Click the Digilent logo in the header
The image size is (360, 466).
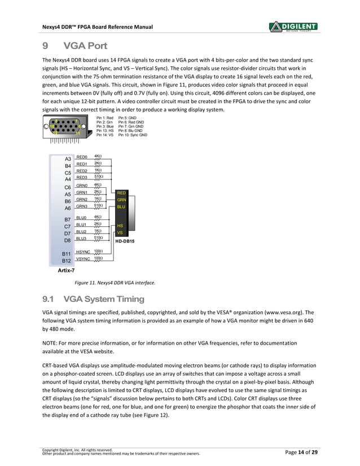click(x=293, y=27)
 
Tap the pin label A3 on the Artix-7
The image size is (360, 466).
click(x=68, y=159)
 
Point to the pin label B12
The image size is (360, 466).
click(x=67, y=261)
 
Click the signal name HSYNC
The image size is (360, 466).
click(x=84, y=252)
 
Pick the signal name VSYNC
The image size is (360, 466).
click(x=84, y=259)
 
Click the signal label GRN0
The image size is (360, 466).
click(x=81, y=185)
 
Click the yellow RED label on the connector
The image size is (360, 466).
click(x=121, y=193)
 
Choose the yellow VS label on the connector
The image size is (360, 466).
click(x=120, y=232)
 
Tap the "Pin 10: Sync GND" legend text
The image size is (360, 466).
click(x=133, y=135)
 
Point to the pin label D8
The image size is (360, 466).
click(x=67, y=241)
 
